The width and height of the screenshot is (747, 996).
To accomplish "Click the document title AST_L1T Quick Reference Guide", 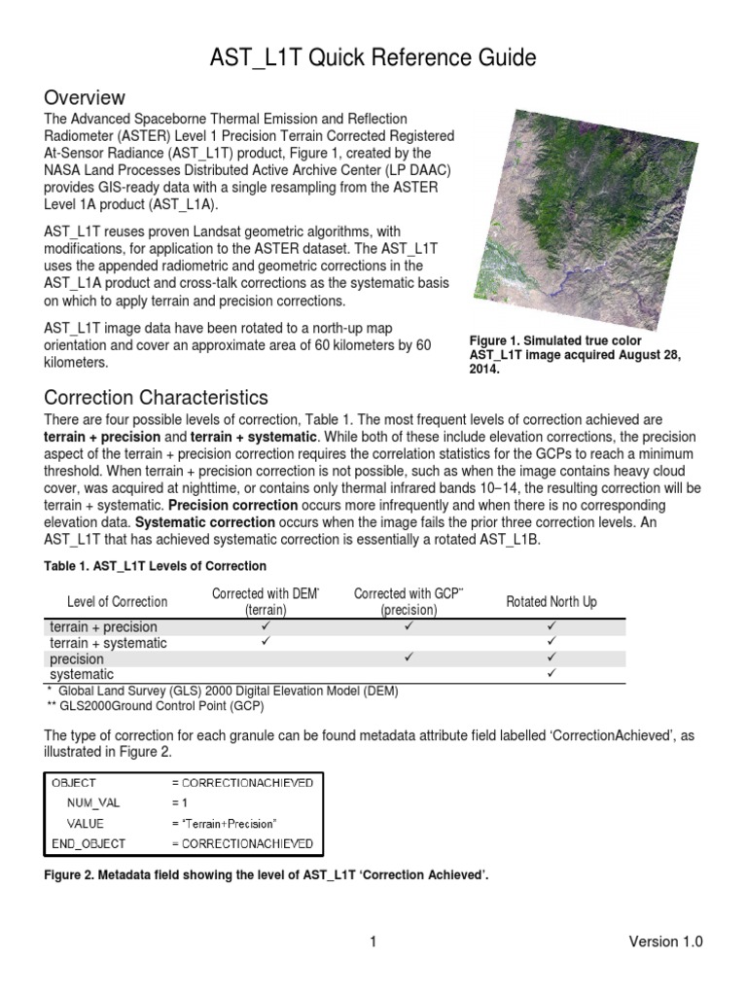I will click(x=373, y=57).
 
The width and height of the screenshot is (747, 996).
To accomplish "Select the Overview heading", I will click(x=85, y=97).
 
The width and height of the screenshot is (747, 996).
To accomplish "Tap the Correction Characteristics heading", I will click(x=156, y=398).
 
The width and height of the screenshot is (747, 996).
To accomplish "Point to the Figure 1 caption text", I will click(x=574, y=356).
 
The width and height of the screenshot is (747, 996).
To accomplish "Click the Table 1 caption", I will click(x=156, y=566).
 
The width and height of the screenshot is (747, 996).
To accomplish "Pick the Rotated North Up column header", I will click(x=551, y=602).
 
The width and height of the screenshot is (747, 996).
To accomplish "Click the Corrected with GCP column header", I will click(x=409, y=602).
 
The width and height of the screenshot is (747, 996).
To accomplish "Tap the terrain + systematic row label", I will click(x=108, y=643).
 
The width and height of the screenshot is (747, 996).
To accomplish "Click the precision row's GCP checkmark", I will click(x=409, y=658).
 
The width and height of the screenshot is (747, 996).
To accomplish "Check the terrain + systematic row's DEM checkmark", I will click(x=265, y=643).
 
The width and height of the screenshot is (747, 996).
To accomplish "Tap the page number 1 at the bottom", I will click(x=373, y=942).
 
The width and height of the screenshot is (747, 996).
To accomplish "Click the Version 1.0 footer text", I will click(x=665, y=942).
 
